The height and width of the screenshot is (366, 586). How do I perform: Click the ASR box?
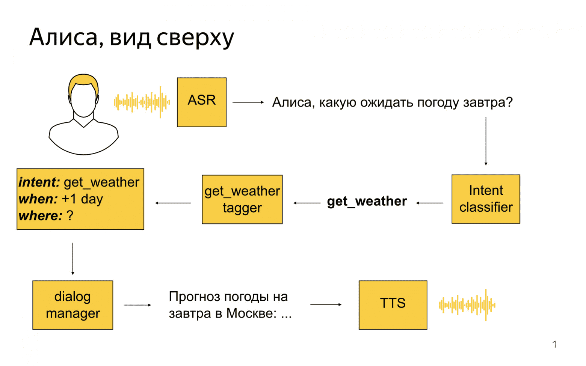(202, 102)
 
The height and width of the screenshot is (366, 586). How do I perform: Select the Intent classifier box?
(486, 199)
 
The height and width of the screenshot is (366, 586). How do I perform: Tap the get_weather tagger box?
(242, 199)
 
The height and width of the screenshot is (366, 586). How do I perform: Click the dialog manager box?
(72, 305)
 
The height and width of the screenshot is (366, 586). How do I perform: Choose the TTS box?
(393, 305)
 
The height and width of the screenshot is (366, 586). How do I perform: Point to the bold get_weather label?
(367, 202)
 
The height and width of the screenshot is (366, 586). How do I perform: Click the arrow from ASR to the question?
(248, 102)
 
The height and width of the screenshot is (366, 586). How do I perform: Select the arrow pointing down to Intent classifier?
(486, 141)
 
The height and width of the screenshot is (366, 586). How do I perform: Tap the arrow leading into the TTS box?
(326, 304)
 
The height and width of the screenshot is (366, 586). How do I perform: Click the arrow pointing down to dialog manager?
(73, 259)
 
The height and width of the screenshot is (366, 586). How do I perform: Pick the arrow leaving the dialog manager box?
(137, 305)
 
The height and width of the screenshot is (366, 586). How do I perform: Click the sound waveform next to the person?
(142, 102)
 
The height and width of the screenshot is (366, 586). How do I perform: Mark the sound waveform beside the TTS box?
(467, 305)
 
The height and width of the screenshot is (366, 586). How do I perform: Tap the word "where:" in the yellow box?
(41, 216)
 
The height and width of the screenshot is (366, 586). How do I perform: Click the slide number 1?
(554, 344)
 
